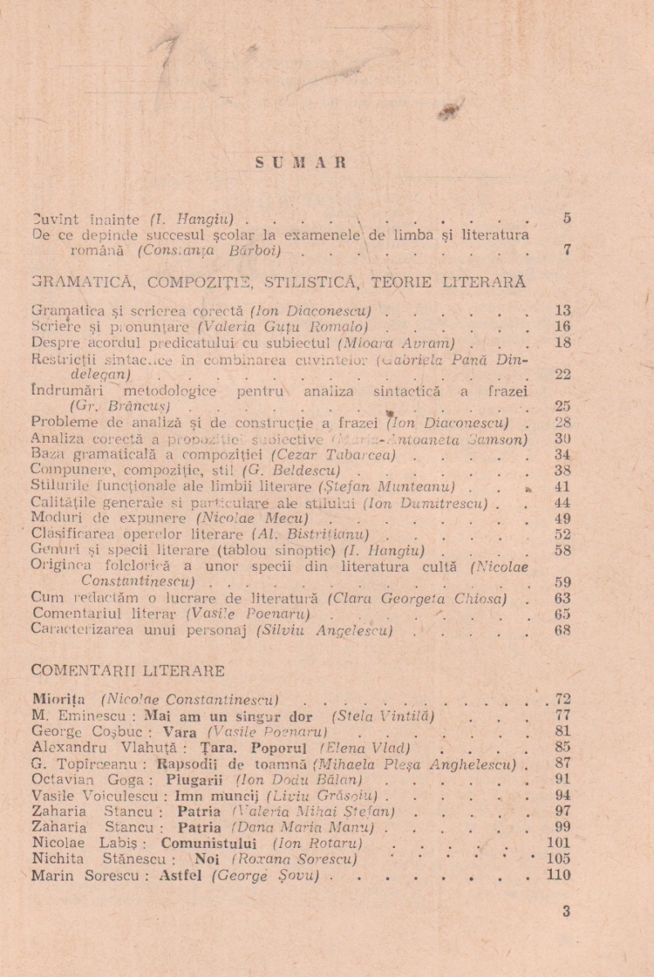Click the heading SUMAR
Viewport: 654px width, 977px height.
301,163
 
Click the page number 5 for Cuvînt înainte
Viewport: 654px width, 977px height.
567,218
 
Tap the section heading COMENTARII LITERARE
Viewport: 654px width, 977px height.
128,671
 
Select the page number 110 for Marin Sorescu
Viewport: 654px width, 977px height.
559,875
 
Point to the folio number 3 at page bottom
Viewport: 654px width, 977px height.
566,912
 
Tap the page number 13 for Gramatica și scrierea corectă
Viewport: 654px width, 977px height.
562,311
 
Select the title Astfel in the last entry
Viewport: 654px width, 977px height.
183,875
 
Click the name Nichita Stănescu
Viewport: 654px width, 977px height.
102,859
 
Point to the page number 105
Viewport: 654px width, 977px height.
559,859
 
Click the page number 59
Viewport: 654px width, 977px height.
562,582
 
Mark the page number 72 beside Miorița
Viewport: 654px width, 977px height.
562,699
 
